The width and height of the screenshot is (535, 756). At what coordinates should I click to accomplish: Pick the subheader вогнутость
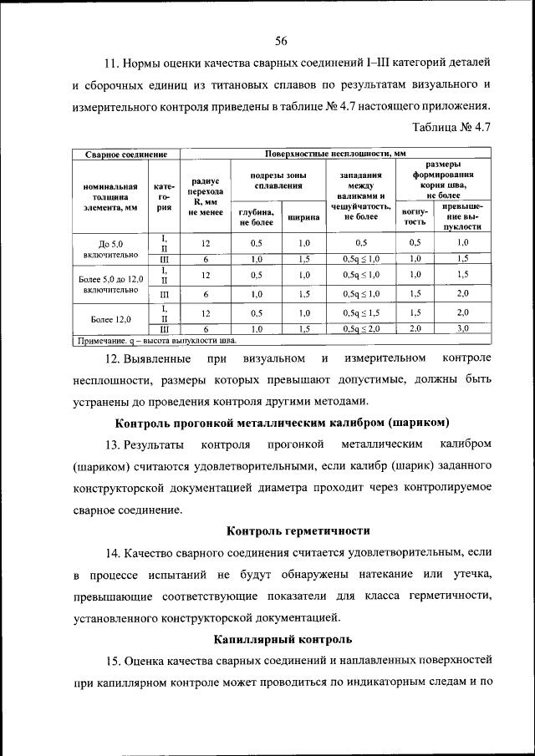[x=415, y=217]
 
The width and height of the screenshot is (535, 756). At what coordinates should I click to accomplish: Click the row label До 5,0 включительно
[x=110, y=247]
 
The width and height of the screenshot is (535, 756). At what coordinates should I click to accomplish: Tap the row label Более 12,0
[x=110, y=318]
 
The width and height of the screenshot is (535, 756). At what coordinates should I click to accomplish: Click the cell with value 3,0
[x=462, y=329]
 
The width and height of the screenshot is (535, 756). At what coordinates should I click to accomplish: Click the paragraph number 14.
[x=113, y=553]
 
